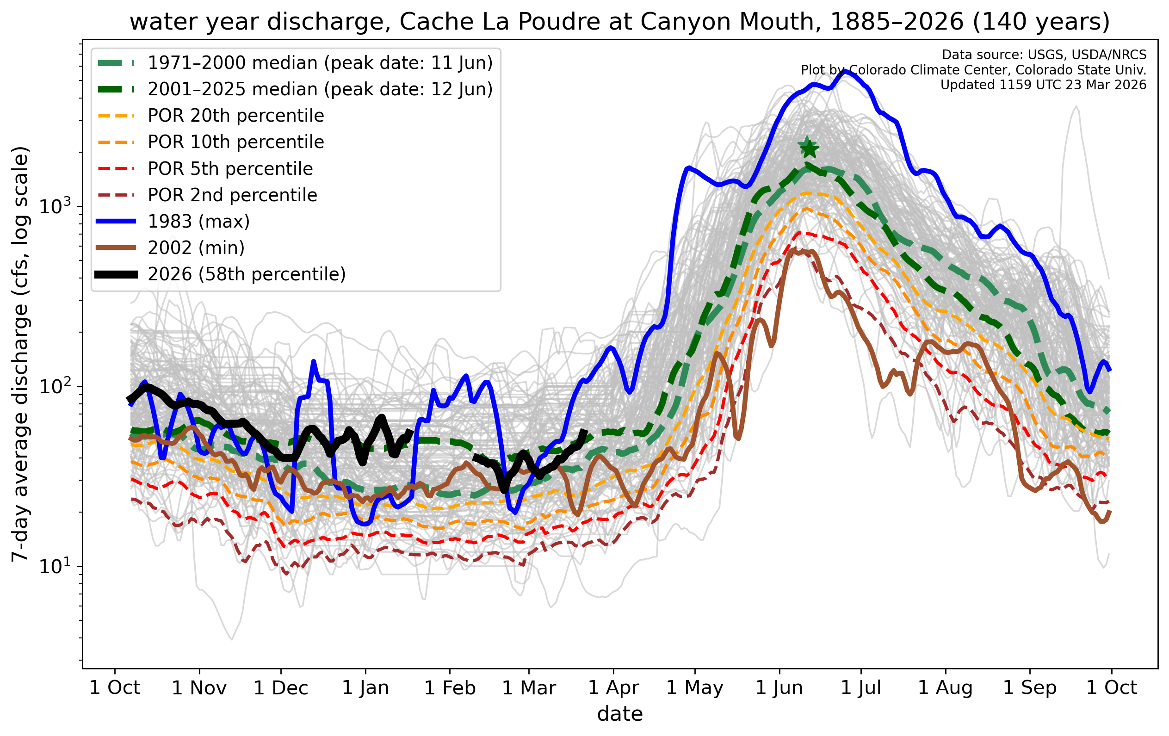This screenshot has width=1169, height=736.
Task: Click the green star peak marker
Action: (x=808, y=148)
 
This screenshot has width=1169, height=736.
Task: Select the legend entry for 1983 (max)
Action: (x=198, y=222)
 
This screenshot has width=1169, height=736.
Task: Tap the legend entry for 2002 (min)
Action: (x=196, y=248)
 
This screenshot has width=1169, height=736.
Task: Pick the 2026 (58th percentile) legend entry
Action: (x=247, y=274)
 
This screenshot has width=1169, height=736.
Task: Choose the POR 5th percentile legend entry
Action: (x=230, y=169)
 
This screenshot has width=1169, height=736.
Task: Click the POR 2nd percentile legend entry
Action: (x=232, y=195)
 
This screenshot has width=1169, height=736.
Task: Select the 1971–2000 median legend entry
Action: (x=320, y=63)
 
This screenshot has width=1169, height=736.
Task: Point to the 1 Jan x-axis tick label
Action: (x=365, y=688)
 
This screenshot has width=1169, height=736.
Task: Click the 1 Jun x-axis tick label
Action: (x=779, y=688)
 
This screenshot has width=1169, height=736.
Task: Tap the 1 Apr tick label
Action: (x=613, y=688)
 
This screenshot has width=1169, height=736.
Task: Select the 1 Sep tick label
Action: (x=1030, y=688)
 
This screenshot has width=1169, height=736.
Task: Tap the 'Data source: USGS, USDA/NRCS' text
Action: (x=1044, y=55)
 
